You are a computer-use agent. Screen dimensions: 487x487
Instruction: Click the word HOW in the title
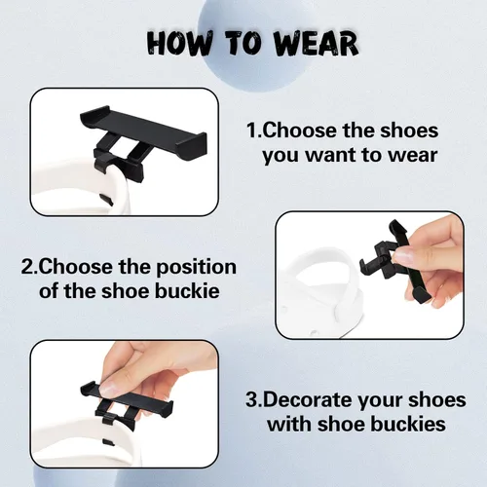pos(179,43)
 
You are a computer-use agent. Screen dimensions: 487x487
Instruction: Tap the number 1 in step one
pos(251,131)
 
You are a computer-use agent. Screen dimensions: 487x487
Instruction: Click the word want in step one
pos(331,155)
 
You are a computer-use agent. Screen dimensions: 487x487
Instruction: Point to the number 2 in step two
pos(28,267)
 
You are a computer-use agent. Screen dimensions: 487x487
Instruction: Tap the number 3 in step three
pos(252,400)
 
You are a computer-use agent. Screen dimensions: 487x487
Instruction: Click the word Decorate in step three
pos(308,400)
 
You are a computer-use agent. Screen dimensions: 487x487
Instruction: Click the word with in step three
pos(289,424)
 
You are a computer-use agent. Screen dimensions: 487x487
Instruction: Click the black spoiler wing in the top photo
pos(143,125)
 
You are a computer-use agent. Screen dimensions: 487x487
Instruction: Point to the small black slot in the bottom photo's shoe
pos(108,442)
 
